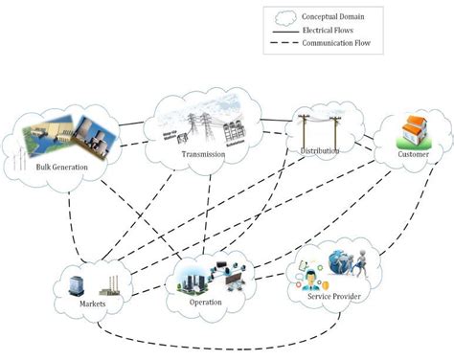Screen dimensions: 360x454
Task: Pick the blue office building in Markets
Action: click(x=79, y=281)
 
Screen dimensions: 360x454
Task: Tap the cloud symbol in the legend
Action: click(x=284, y=16)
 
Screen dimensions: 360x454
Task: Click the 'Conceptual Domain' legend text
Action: click(x=335, y=16)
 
